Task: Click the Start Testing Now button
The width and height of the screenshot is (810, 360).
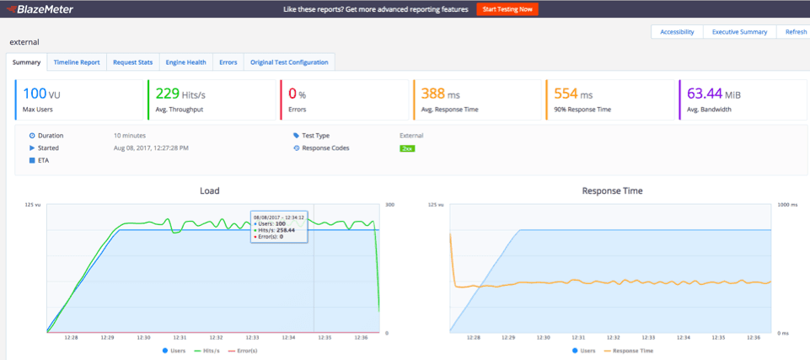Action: [507, 9]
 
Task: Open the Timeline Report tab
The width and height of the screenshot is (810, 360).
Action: [77, 62]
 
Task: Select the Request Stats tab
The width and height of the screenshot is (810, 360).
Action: [133, 62]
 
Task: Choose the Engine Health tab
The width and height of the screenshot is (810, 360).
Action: [185, 62]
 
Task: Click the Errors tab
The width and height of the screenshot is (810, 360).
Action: [228, 62]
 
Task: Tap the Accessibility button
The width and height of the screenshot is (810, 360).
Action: [677, 32]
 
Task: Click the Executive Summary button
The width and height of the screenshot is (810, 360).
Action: [740, 32]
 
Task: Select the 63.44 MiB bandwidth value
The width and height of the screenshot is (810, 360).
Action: [716, 94]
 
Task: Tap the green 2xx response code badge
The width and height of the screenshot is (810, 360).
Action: [407, 148]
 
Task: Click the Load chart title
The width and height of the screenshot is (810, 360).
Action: [209, 191]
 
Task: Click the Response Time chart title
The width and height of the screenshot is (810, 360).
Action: [612, 191]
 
